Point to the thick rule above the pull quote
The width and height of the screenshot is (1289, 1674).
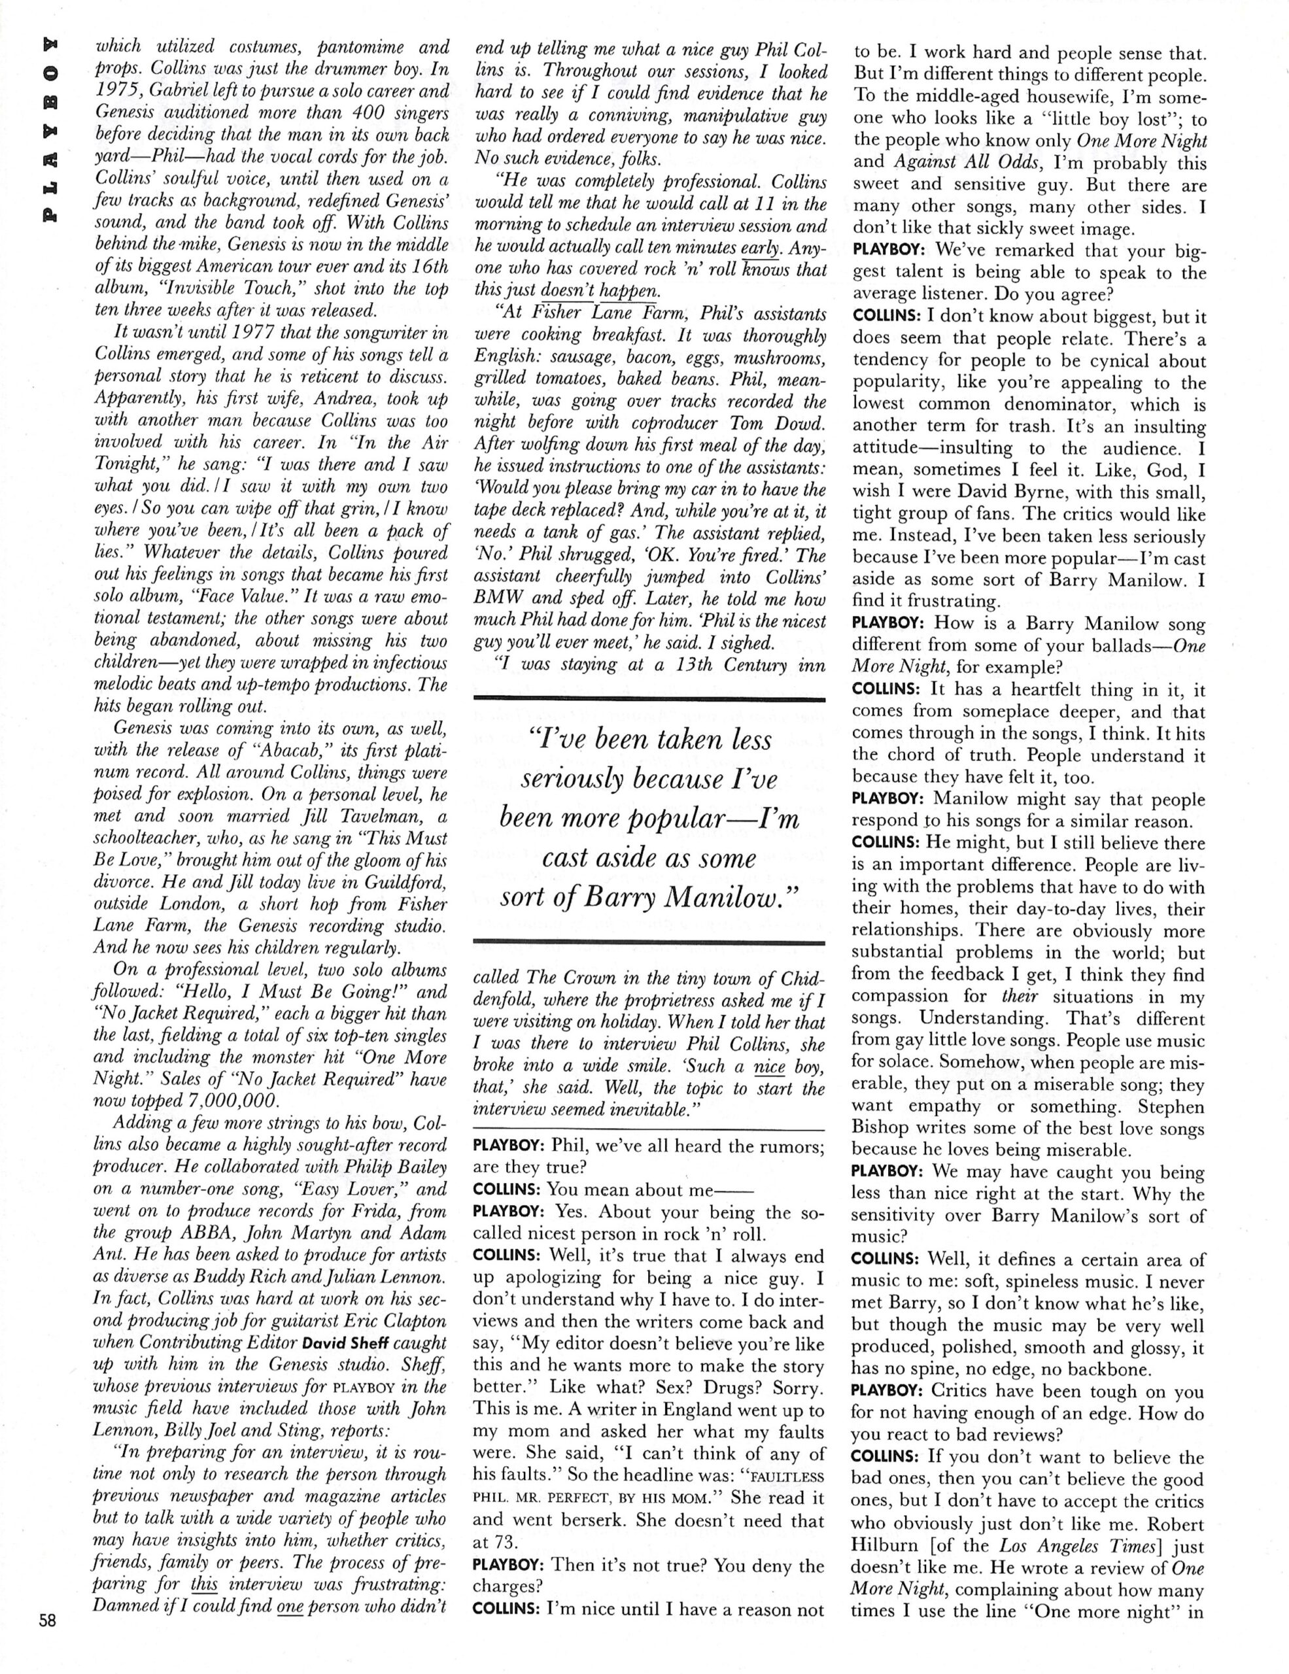tap(650, 698)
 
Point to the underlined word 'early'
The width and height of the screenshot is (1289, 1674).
tap(762, 248)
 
